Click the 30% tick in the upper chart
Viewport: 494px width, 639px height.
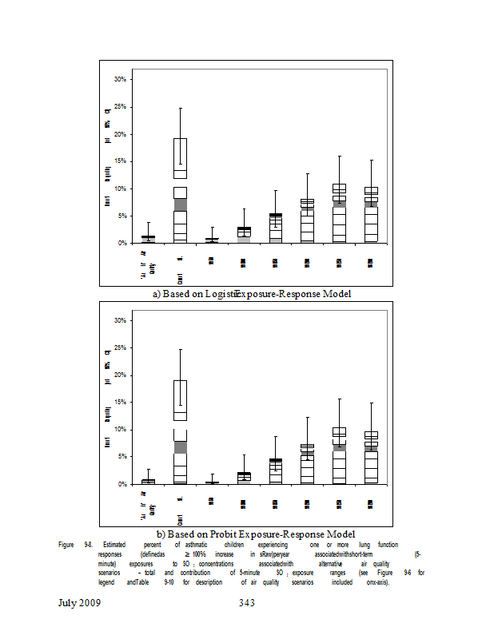(x=121, y=80)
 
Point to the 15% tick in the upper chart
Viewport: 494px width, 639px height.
(x=121, y=161)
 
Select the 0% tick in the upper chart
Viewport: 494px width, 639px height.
(x=122, y=243)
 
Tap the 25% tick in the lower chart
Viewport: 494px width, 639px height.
(x=121, y=348)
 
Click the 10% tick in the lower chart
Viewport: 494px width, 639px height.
(x=121, y=430)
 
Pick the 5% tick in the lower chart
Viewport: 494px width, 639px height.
(x=122, y=457)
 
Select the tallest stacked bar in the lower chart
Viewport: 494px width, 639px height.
(x=180, y=431)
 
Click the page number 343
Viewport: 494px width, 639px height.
(x=246, y=602)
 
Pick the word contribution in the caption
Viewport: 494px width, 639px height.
(x=197, y=573)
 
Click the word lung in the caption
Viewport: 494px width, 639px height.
(x=365, y=544)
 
